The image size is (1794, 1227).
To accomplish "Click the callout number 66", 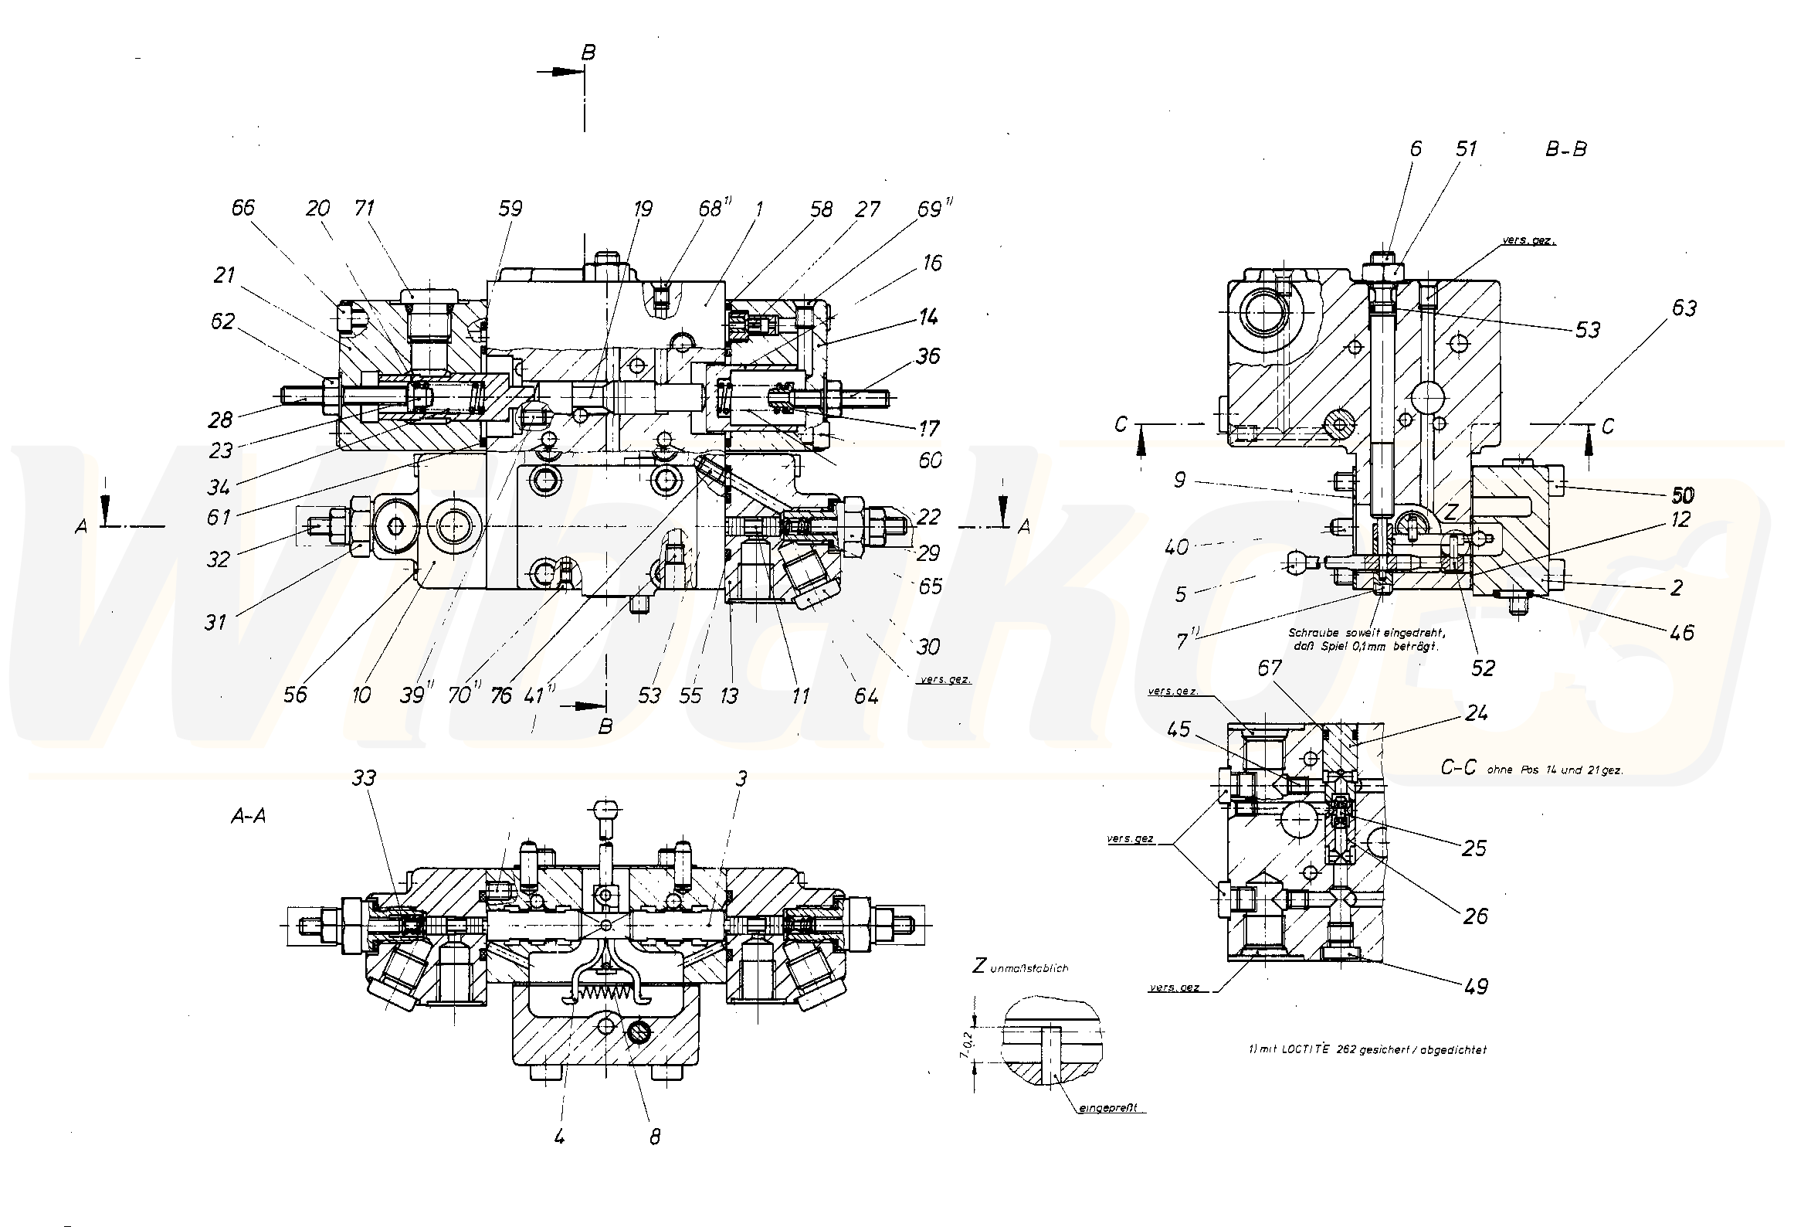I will pos(243,208).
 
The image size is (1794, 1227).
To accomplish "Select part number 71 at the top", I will pos(364,208).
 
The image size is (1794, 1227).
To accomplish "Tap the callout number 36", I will pos(928,356).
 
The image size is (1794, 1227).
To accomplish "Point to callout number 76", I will pos(500,695).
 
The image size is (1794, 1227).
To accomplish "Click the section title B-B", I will pos(1565,149).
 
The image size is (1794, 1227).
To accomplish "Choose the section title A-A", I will pos(248,816).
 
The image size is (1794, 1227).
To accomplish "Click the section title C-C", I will pos(1458,767).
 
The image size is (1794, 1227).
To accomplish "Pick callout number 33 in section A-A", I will pos(364,777).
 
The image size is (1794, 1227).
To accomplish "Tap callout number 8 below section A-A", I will pos(655,1137).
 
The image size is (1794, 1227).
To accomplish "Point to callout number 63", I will pos(1684,308).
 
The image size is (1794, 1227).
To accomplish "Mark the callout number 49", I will pos(1475,986).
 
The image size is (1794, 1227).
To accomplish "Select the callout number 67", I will pos(1270,668).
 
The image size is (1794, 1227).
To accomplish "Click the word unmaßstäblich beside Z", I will pos(1030,967).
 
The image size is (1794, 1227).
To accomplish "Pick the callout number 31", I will pos(215,620).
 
